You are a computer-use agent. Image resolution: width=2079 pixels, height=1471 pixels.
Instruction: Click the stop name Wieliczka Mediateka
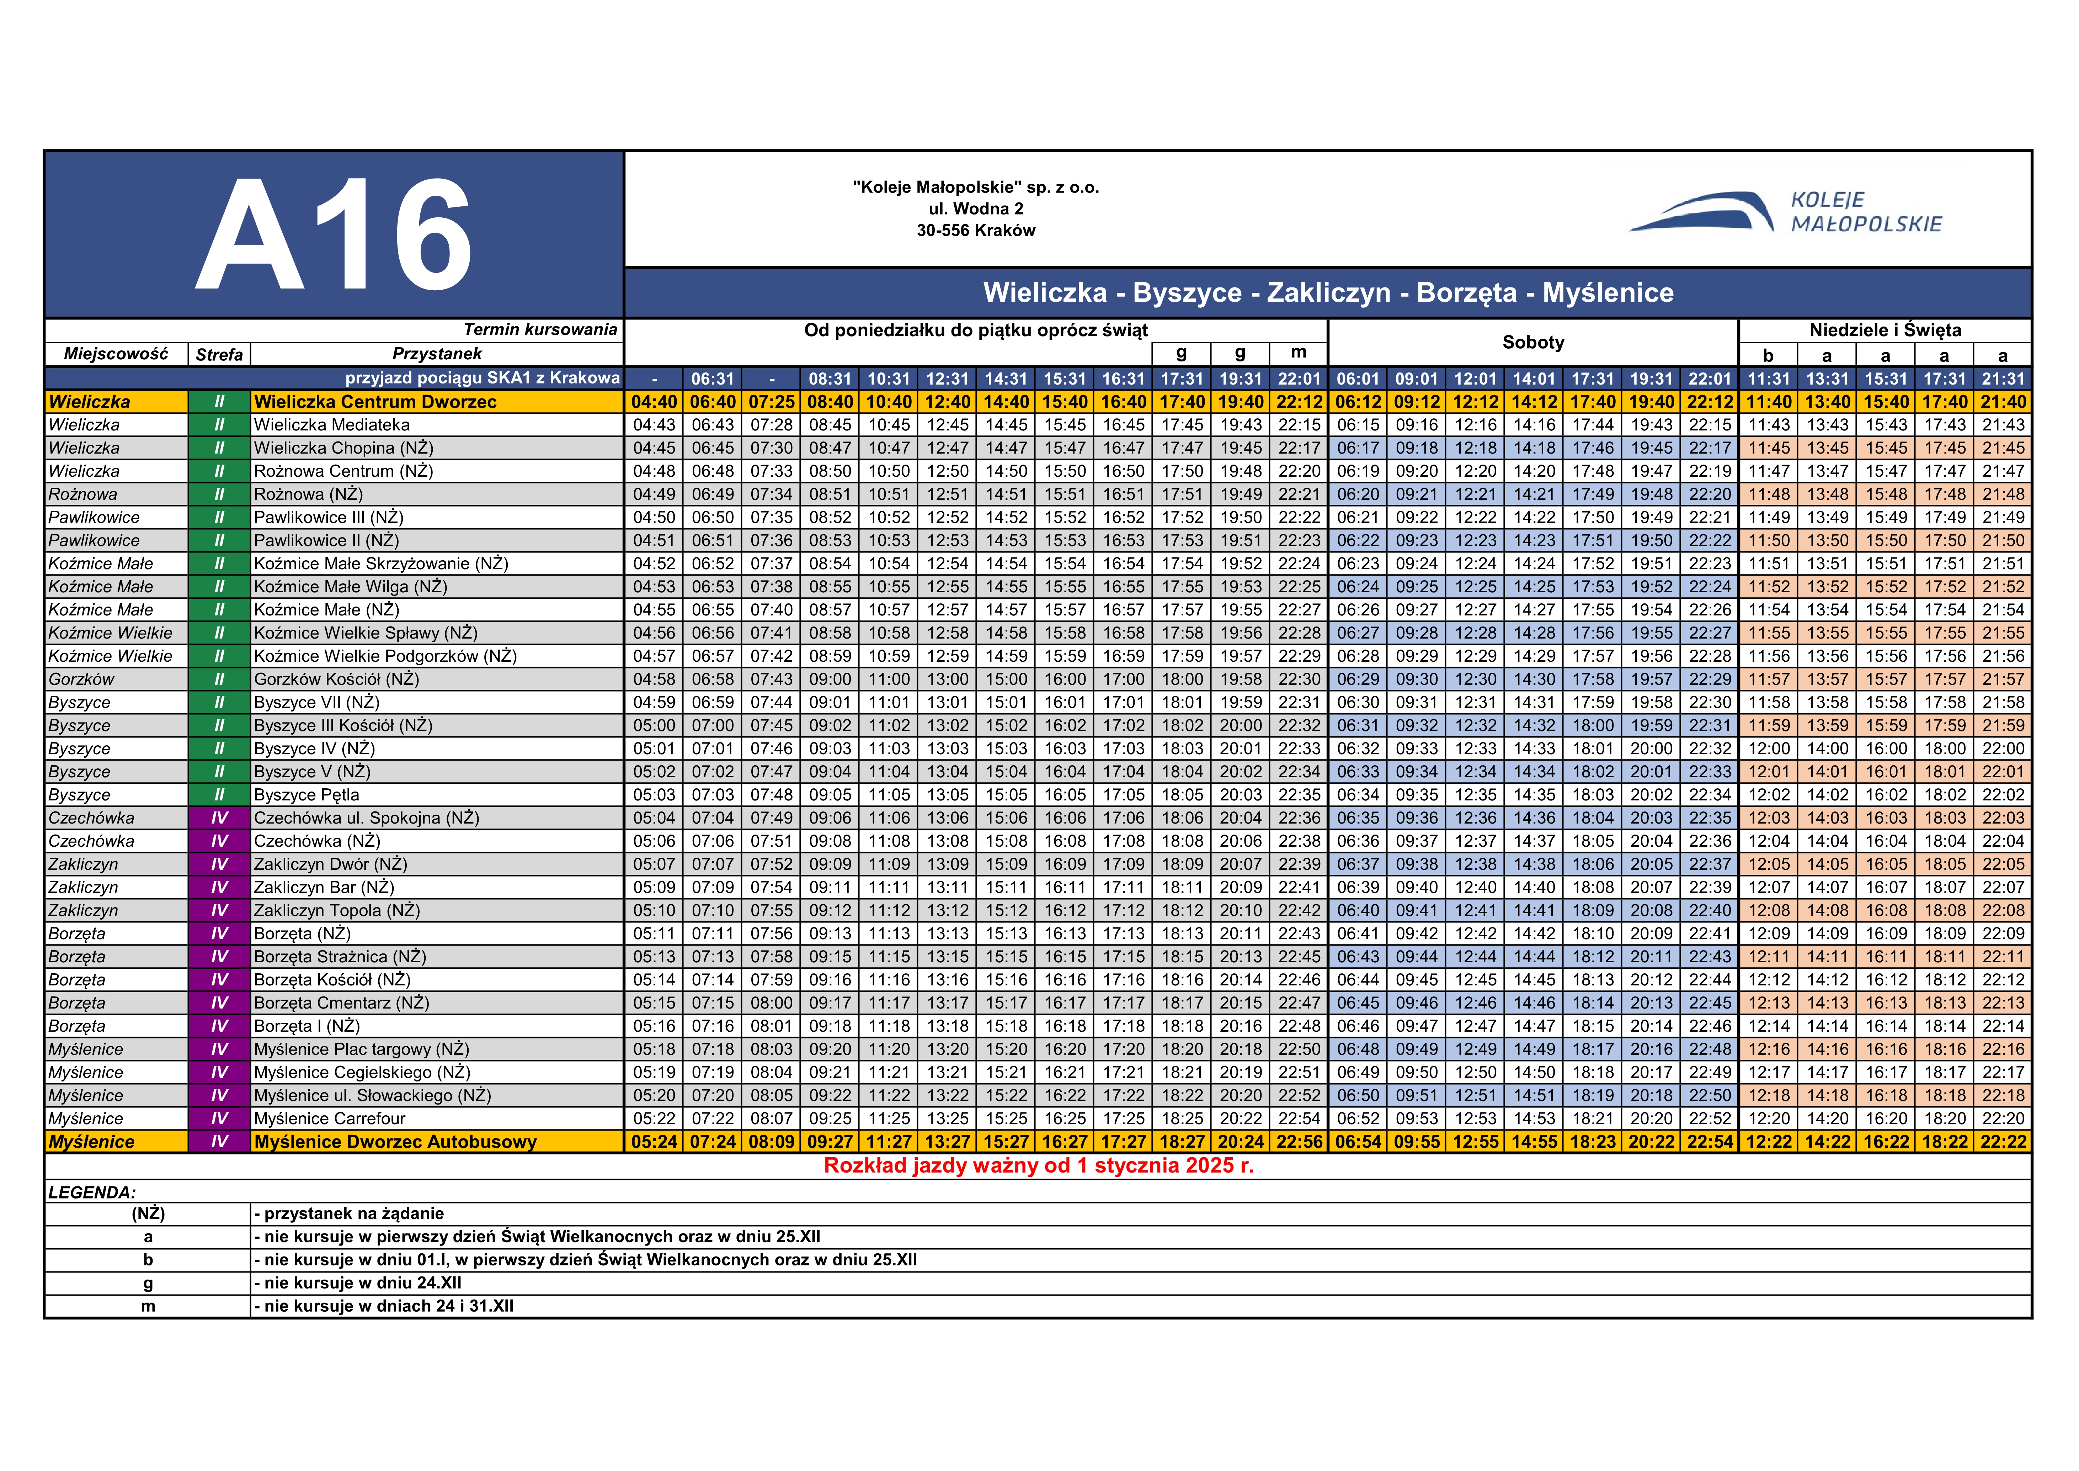(331, 425)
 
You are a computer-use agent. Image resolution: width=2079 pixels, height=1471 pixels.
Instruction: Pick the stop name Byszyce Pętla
(306, 794)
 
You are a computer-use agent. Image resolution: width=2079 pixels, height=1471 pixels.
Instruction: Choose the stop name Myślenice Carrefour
(330, 1119)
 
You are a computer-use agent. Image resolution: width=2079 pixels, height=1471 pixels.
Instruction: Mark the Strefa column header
(219, 354)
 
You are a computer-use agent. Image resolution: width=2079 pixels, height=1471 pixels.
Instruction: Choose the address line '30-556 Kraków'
(975, 230)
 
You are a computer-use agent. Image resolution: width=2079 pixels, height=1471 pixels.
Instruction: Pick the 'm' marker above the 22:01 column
(1299, 353)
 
